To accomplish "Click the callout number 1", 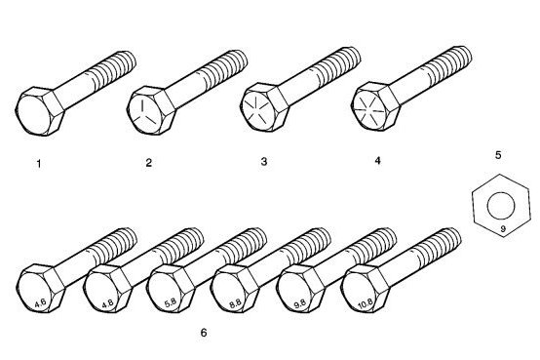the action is (x=39, y=164).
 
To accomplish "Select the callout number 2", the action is (x=149, y=162).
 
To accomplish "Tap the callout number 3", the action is (x=264, y=161).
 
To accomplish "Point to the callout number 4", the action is (x=378, y=161).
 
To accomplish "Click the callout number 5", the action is (x=498, y=155).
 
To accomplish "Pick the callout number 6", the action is (x=204, y=333).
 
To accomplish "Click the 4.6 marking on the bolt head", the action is (x=40, y=303).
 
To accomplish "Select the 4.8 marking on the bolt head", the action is (x=107, y=303).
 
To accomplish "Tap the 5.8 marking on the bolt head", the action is (x=171, y=302).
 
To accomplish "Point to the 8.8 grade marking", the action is (x=235, y=304).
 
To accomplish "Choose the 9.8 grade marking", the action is (x=300, y=303).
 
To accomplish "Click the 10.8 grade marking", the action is (x=366, y=304).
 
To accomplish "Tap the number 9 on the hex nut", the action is (x=502, y=228).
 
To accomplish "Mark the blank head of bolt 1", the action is (x=34, y=113).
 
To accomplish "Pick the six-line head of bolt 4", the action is (x=369, y=108).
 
